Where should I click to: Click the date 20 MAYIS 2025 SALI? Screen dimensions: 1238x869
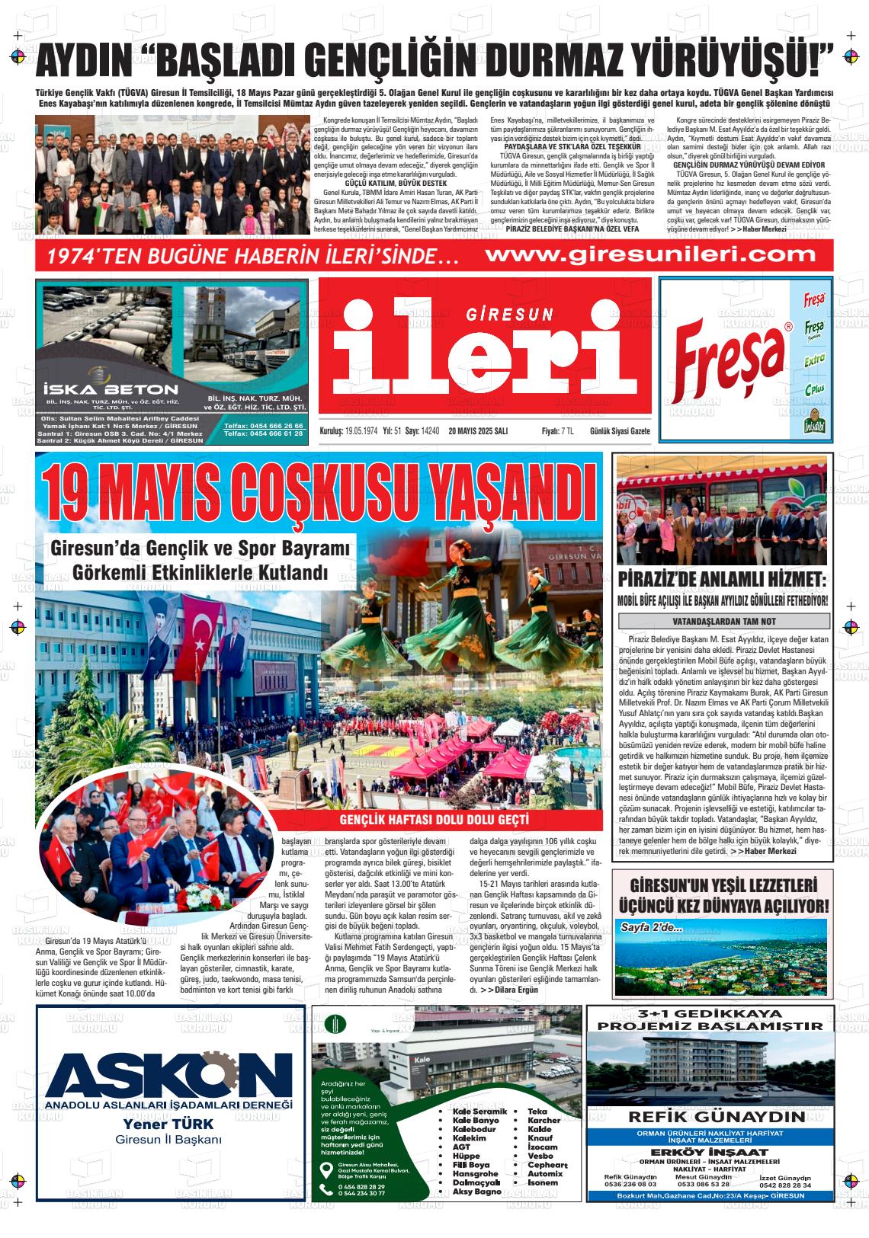tap(478, 431)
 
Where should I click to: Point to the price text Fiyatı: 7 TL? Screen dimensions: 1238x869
tap(557, 431)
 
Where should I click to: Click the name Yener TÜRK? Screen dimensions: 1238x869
tap(168, 1124)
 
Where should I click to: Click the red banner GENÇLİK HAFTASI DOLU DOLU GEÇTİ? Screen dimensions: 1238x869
tap(434, 820)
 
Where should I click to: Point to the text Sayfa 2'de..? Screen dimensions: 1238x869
tap(652, 928)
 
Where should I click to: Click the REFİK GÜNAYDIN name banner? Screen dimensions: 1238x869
tap(717, 1118)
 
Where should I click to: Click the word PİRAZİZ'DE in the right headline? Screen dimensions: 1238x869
tap(669, 580)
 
